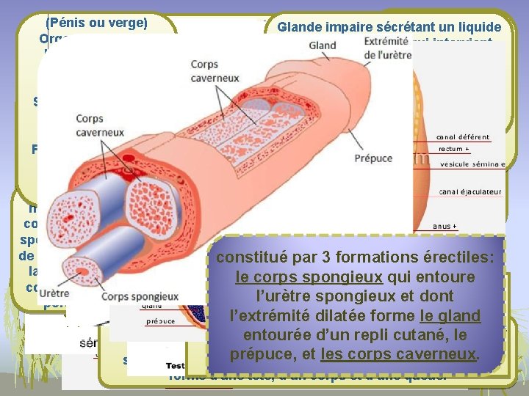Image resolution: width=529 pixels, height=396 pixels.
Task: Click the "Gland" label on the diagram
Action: point(323,45)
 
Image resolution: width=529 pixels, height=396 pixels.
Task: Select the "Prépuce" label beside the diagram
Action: point(373,158)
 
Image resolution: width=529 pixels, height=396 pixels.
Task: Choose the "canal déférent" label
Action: point(463,136)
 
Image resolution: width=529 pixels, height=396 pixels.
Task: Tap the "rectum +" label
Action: point(454,149)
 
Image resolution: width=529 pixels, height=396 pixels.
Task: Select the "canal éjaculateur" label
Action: point(470,191)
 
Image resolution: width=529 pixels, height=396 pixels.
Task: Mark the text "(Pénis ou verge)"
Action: point(97,22)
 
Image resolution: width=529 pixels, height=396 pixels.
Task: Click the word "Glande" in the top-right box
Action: point(298,28)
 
